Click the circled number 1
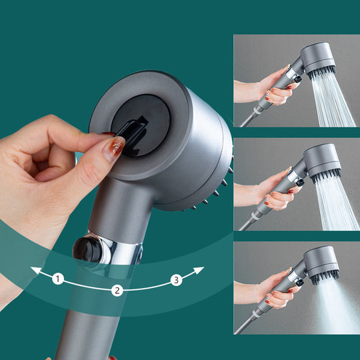(58, 279)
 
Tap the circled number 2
(117, 290)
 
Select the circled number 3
(176, 279)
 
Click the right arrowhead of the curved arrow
(199, 269)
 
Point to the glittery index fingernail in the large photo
(115, 147)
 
